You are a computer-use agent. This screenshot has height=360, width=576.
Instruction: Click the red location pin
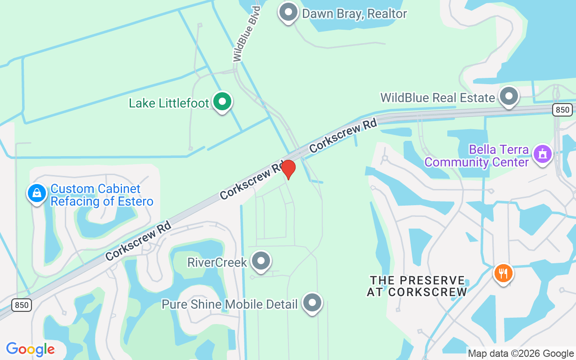pos(288,169)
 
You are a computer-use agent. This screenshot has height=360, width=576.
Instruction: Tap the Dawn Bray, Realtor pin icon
pos(288,12)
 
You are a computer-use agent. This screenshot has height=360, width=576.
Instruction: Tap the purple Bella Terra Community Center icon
pos(543,154)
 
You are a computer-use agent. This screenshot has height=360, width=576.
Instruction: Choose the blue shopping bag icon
pos(37,193)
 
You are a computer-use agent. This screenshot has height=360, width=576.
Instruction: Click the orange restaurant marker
pos(503,273)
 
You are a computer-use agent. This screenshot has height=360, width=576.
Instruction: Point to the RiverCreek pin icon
pos(261,261)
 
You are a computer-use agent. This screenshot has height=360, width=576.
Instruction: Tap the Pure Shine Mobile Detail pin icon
pos(312,303)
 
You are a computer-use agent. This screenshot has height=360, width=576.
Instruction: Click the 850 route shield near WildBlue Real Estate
pos(563,109)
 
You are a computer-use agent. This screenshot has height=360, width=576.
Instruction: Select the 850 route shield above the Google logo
pos(21,305)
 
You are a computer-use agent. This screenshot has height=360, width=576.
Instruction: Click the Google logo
pos(31,349)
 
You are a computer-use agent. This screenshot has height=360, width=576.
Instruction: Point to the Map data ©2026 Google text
pos(521,354)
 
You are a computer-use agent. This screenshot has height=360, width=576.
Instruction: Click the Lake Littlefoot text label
pos(169,103)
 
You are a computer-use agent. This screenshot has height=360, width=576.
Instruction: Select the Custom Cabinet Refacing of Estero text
pos(102,195)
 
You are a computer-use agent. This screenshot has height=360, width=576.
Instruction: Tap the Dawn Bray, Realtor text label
pos(355,13)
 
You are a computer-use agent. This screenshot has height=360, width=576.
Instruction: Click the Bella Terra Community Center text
pos(476,155)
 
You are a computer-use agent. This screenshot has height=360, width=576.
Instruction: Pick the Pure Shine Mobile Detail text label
pos(229,304)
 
